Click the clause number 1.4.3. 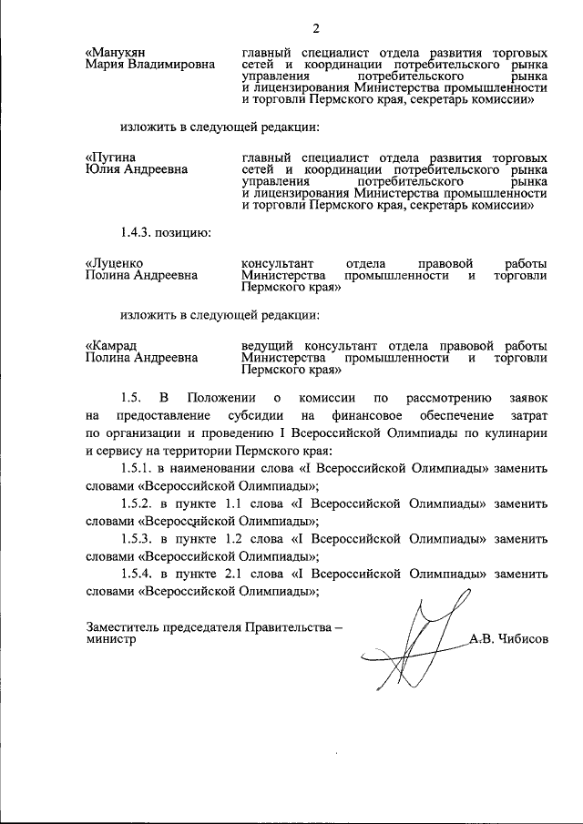[143, 232]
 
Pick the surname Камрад [114, 345]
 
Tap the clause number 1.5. [133, 398]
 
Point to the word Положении [220, 398]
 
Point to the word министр [111, 641]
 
